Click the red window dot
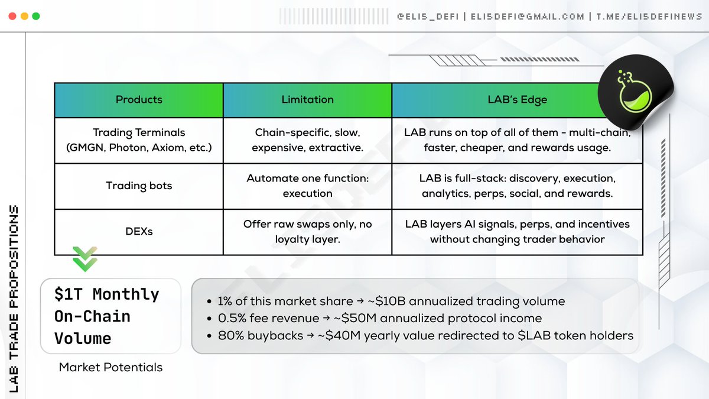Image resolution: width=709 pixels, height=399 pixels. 12,16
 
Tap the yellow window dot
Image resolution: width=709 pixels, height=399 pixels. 24,16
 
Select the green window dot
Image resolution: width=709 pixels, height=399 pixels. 36,16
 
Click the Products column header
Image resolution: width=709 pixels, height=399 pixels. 139,100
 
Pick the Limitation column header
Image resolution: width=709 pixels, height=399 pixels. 307,100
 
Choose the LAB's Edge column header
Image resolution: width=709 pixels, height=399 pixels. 517,100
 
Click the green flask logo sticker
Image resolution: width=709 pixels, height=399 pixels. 635,92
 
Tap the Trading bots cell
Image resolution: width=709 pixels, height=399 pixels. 139,186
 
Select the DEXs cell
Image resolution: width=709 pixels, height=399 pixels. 139,232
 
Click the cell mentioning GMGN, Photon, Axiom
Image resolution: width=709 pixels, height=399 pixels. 139,140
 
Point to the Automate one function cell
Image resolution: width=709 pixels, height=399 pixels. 307,186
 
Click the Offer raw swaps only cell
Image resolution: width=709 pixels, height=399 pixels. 307,232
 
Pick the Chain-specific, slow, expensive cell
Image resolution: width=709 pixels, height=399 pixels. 307,140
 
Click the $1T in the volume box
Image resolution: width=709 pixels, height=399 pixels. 69,294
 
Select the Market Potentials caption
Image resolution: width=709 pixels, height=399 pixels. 110,367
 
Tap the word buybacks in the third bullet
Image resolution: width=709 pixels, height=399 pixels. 275,335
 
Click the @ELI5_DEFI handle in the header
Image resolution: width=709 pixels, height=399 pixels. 428,17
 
